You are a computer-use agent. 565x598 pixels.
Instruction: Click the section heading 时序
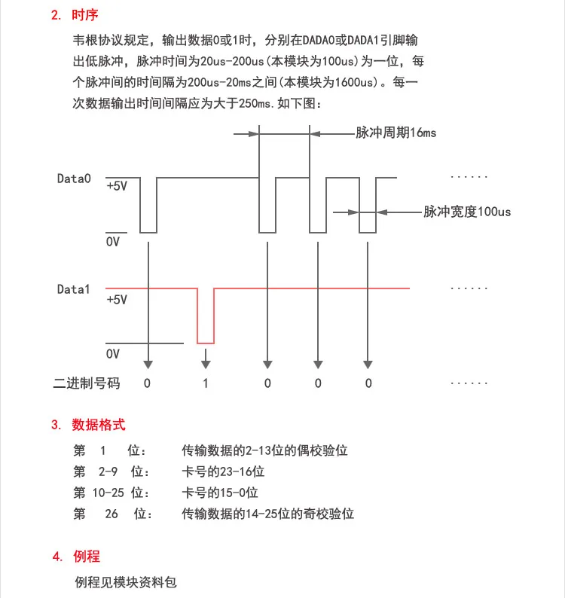pos(84,15)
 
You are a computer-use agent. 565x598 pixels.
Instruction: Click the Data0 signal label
pos(74,178)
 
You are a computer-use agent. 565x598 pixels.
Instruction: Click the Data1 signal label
pos(74,288)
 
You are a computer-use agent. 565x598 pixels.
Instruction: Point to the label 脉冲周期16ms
pos(395,133)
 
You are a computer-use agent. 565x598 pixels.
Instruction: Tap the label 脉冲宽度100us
pos(467,212)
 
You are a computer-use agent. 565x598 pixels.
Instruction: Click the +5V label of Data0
pos(117,185)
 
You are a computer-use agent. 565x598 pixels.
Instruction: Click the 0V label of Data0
pos(113,243)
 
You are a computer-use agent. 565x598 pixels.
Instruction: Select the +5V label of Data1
pos(117,299)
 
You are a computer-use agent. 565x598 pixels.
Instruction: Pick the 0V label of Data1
pos(113,352)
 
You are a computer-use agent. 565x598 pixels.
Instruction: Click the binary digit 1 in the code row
pos(205,383)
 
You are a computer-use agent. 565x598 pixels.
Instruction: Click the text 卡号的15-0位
pos(220,493)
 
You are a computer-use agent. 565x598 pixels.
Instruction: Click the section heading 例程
pos(87,557)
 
